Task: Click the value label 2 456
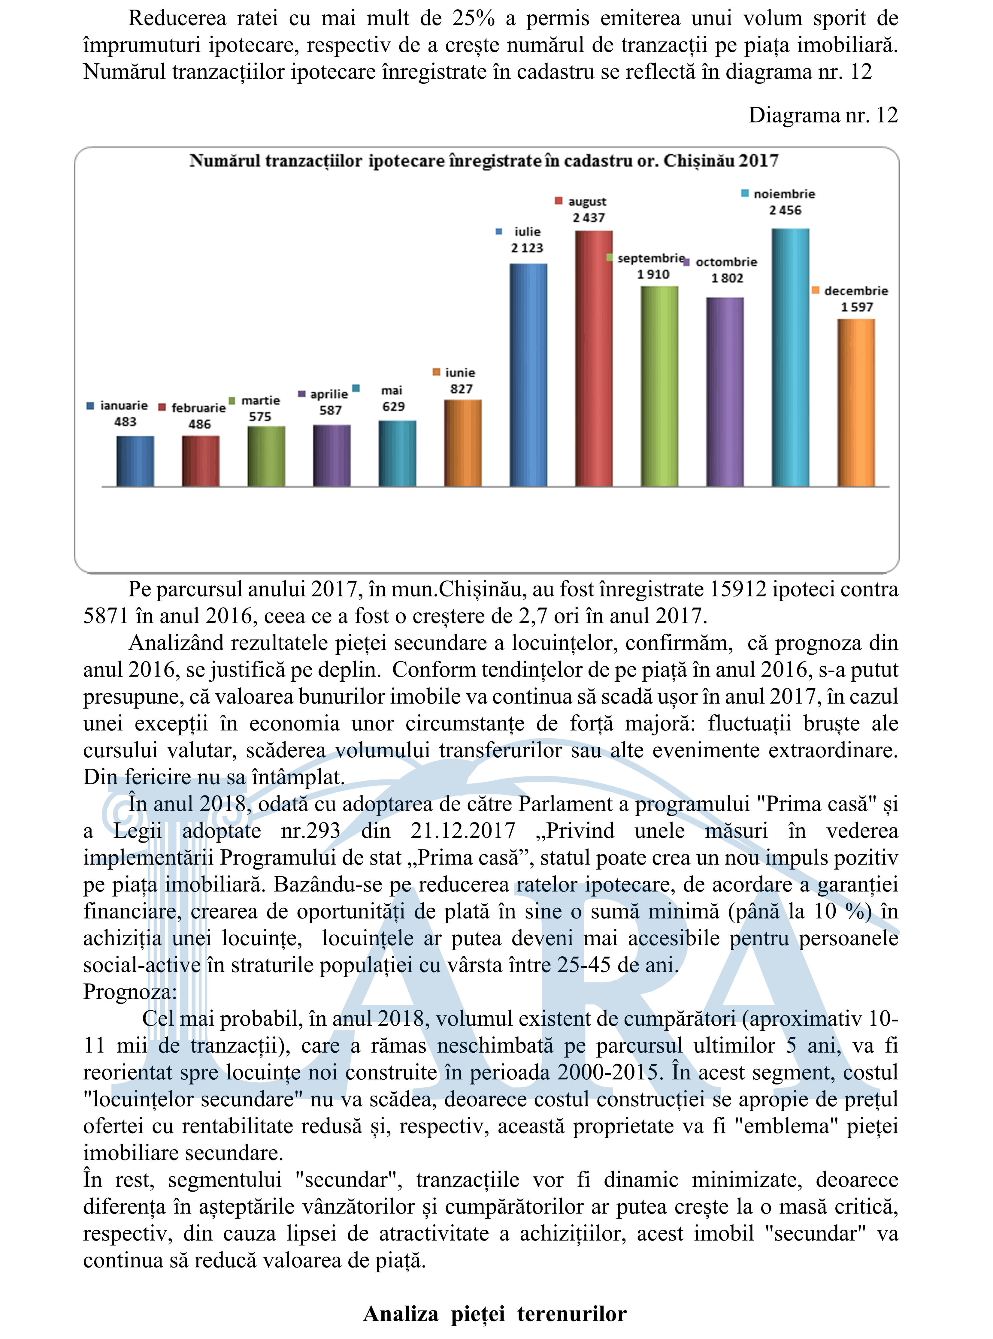point(785,210)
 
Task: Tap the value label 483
point(125,422)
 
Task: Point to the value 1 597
point(857,307)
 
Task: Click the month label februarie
point(198,408)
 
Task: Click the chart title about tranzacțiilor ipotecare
point(484,161)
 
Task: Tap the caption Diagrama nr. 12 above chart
point(822,115)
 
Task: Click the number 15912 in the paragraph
point(737,589)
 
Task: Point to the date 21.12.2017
point(463,831)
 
